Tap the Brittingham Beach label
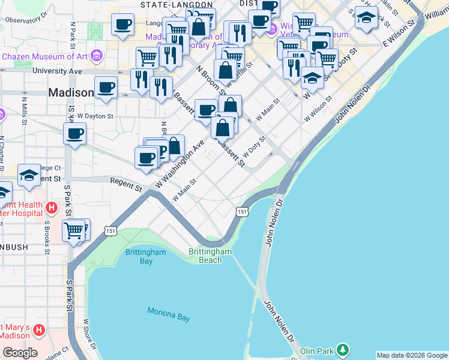click(210, 256)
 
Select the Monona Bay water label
click(169, 313)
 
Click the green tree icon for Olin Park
click(342, 349)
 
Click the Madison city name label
click(70, 93)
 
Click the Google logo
click(20, 353)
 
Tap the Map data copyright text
click(411, 355)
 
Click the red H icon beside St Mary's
click(40, 330)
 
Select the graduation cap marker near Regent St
click(29, 175)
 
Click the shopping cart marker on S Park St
click(74, 230)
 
